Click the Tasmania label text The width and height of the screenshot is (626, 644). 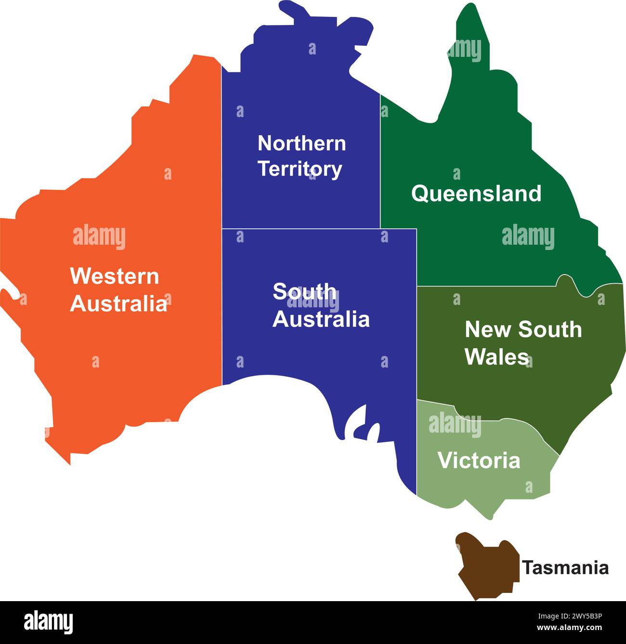click(565, 567)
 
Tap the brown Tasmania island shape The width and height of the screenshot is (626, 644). click(487, 566)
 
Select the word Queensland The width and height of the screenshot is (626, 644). click(476, 193)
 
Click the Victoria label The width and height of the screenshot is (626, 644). click(479, 460)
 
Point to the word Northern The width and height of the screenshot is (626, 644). click(301, 143)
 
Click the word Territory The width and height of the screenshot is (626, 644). click(300, 169)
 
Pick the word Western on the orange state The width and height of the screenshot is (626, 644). click(115, 276)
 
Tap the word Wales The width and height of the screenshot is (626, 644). click(496, 356)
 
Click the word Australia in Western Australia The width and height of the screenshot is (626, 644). click(118, 303)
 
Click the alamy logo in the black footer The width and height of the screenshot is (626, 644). click(48, 622)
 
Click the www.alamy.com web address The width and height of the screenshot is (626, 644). click(569, 628)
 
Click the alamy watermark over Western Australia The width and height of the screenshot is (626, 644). click(99, 237)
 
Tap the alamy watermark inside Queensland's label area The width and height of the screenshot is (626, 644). click(528, 237)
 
